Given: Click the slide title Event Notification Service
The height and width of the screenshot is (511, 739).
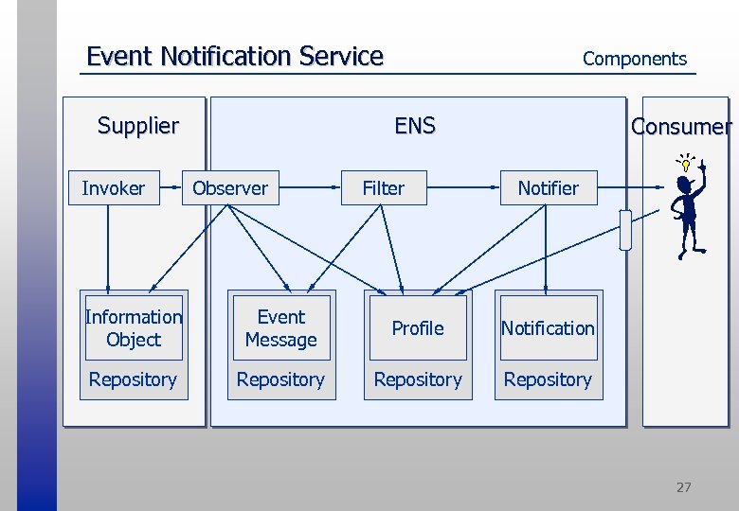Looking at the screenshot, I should tap(234, 57).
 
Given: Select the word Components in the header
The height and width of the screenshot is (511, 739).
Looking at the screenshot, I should tap(634, 59).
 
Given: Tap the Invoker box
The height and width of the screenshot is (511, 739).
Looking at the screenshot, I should tap(114, 188).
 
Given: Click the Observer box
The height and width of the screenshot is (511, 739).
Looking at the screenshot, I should tap(230, 188).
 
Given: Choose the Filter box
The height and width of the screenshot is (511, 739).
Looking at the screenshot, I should tap(384, 188).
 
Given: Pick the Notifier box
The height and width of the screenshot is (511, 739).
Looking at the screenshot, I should tap(548, 188).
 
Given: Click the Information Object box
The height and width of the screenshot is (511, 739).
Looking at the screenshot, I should tap(134, 328).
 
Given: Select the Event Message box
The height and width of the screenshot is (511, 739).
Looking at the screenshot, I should tap(280, 328).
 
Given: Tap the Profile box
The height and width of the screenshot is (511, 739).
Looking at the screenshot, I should tap(418, 328).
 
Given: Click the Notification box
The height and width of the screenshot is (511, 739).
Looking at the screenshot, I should tap(548, 328).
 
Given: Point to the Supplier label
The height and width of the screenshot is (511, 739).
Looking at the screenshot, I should tap(138, 126).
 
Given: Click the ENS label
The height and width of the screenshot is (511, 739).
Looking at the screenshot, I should tap(415, 126).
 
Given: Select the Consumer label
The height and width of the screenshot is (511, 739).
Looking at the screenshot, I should tap(681, 127).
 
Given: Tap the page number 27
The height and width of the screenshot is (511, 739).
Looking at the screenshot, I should tap(683, 487).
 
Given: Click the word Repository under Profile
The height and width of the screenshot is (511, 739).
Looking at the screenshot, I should tap(418, 379).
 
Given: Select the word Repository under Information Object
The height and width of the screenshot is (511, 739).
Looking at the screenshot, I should tap(133, 379).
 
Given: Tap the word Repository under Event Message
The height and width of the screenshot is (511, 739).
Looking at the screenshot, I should tap(280, 379).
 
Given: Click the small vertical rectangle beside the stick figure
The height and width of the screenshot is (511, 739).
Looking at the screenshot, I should tap(625, 230).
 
